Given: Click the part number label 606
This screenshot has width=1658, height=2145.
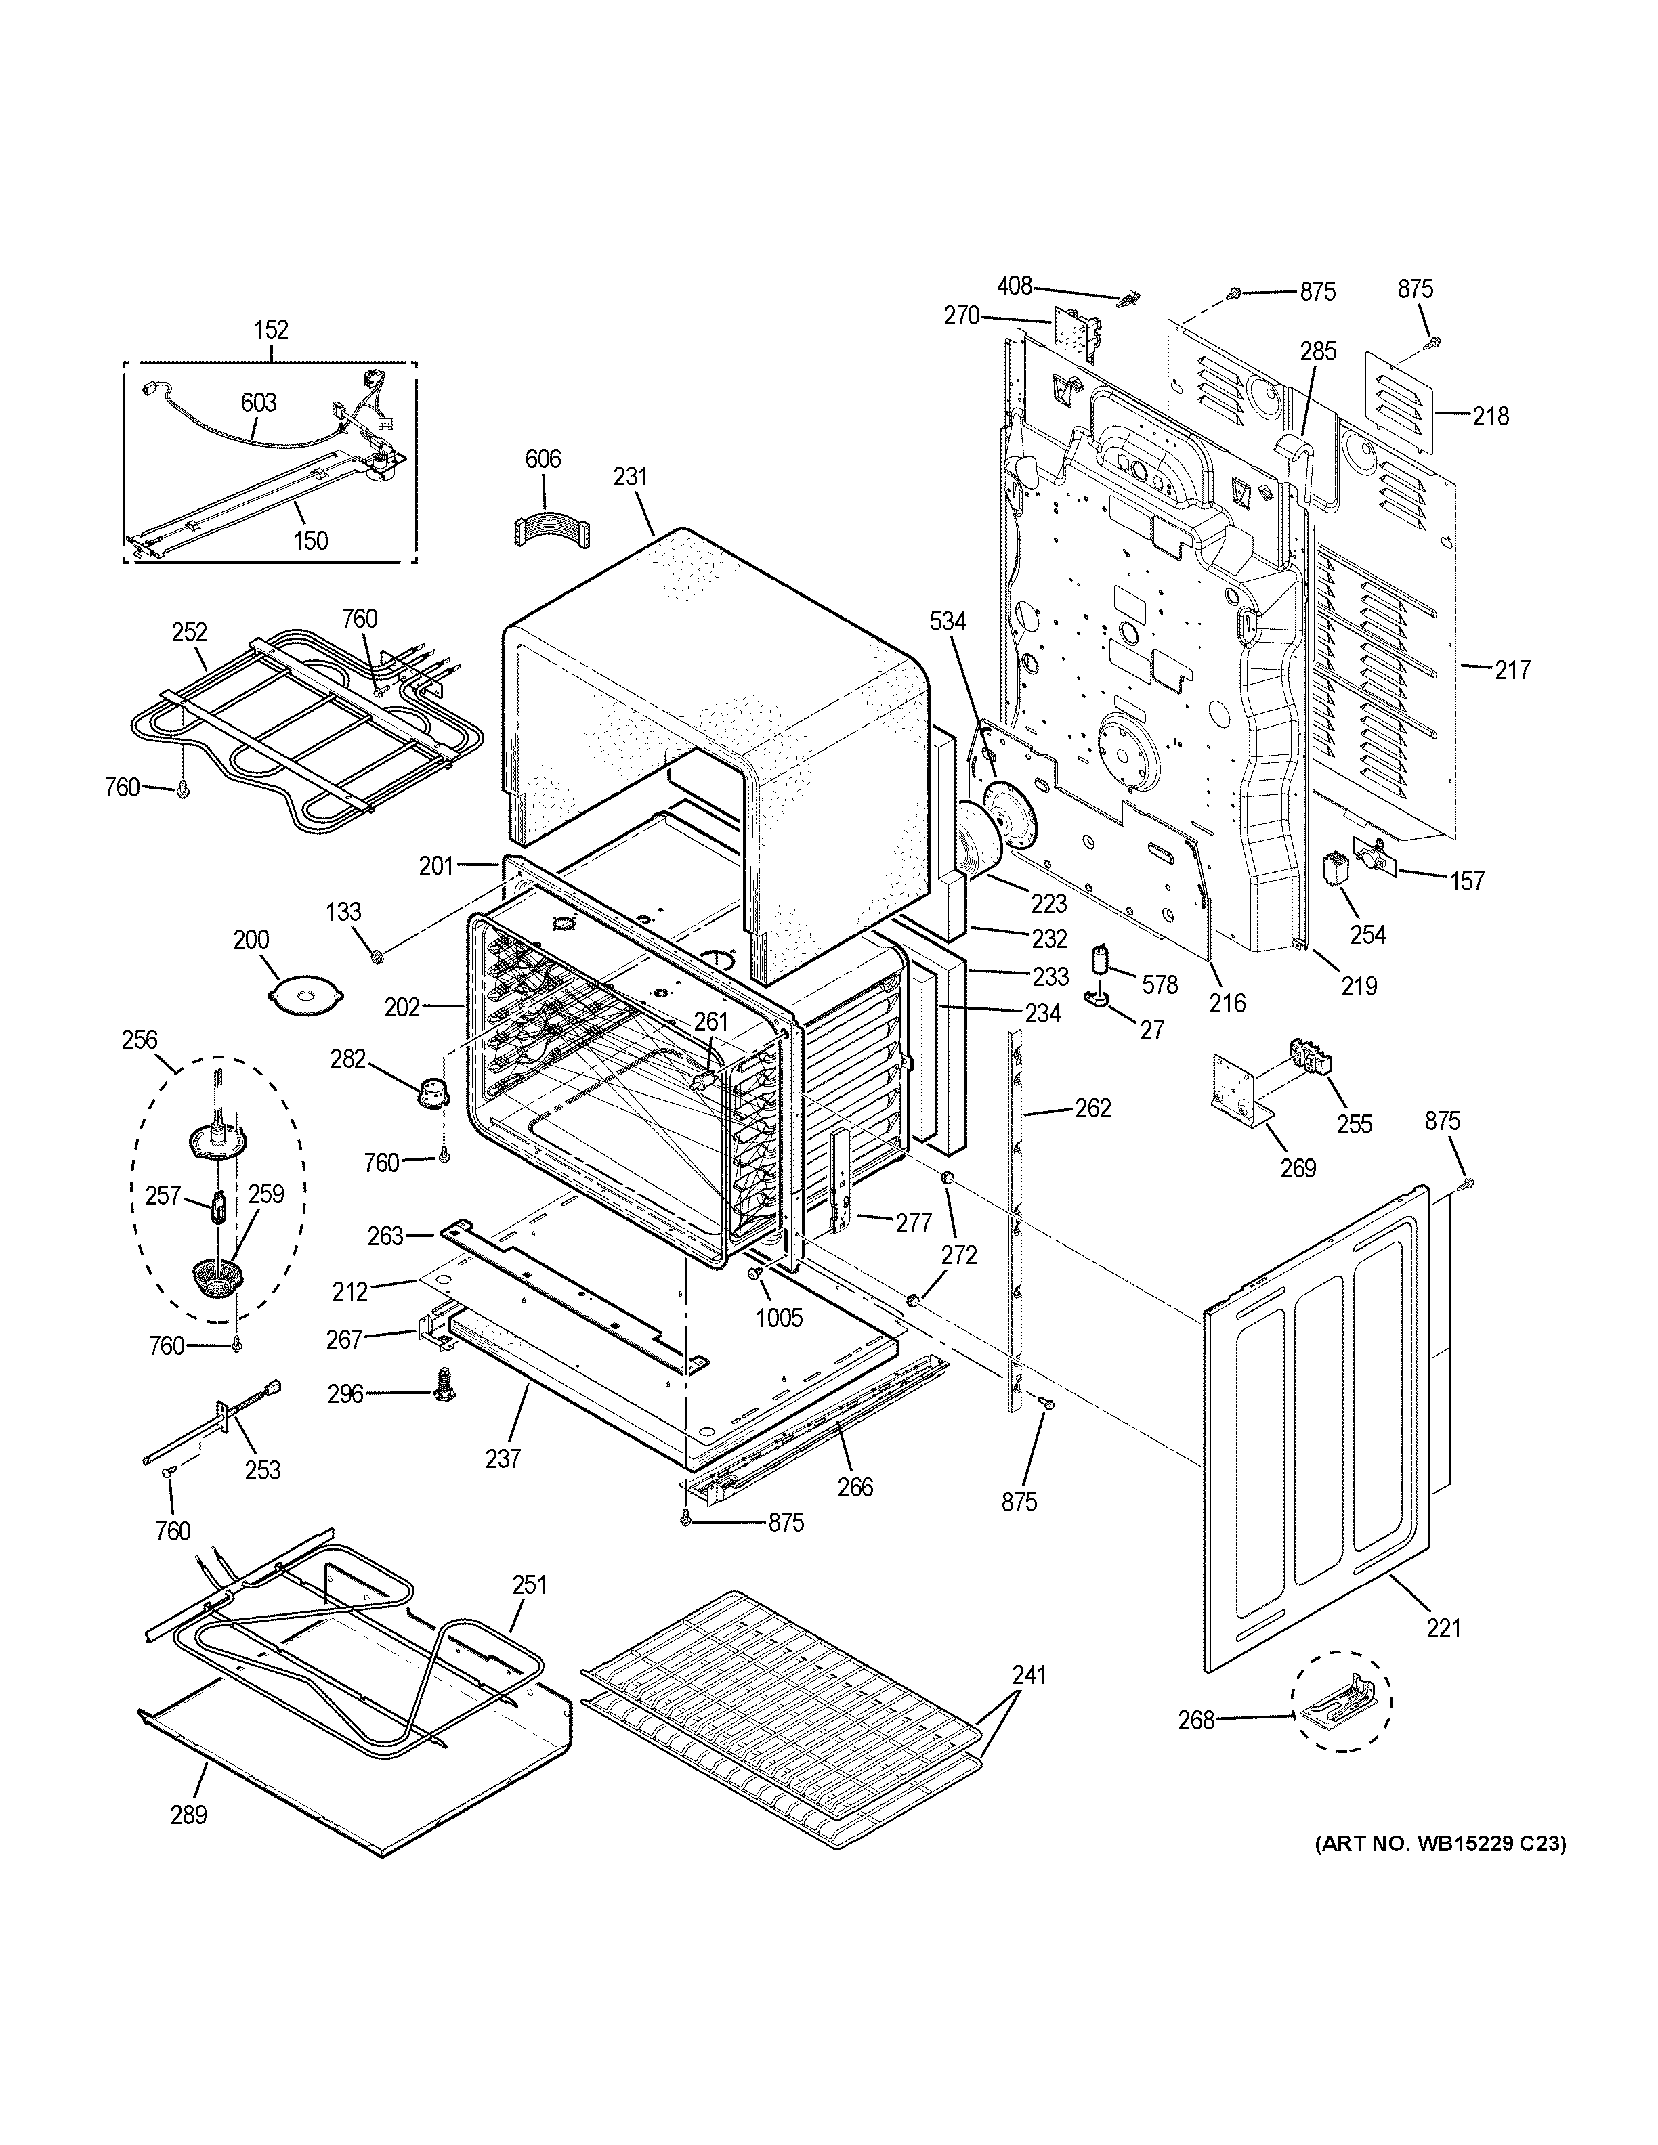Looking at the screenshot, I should pos(543,458).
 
